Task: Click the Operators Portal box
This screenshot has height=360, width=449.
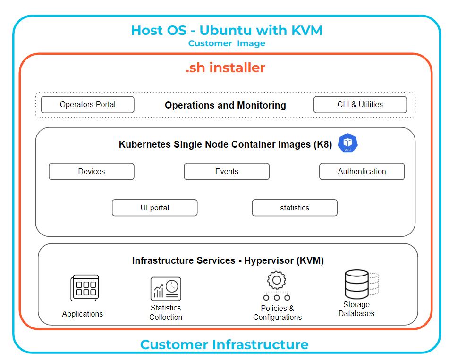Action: [x=87, y=105]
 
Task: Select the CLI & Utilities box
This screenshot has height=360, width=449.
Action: [x=360, y=105]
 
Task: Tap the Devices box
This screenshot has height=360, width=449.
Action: [x=92, y=172]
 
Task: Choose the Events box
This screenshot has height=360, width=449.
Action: [x=227, y=172]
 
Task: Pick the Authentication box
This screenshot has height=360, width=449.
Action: [x=362, y=172]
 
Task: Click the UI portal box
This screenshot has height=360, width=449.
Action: [x=154, y=208]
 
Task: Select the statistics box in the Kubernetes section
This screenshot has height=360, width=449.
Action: [x=295, y=208]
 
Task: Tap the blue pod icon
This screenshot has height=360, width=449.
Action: [x=348, y=143]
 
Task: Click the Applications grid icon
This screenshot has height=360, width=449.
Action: [x=85, y=288]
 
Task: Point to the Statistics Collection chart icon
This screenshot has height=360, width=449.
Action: [x=166, y=288]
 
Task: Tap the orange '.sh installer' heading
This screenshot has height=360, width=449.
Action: [x=225, y=68]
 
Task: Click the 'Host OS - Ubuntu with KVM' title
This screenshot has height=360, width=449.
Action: [x=227, y=31]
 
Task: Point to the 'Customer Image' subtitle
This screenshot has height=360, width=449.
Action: [x=227, y=43]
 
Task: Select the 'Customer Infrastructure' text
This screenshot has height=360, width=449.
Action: [x=224, y=344]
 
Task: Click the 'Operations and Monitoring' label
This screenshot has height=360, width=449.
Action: [x=225, y=105]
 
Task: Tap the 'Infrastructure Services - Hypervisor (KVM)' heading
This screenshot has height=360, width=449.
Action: [x=228, y=260]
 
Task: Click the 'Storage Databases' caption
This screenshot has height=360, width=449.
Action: [x=356, y=309]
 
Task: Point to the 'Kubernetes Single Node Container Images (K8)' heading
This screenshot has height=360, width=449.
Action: [x=225, y=144]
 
